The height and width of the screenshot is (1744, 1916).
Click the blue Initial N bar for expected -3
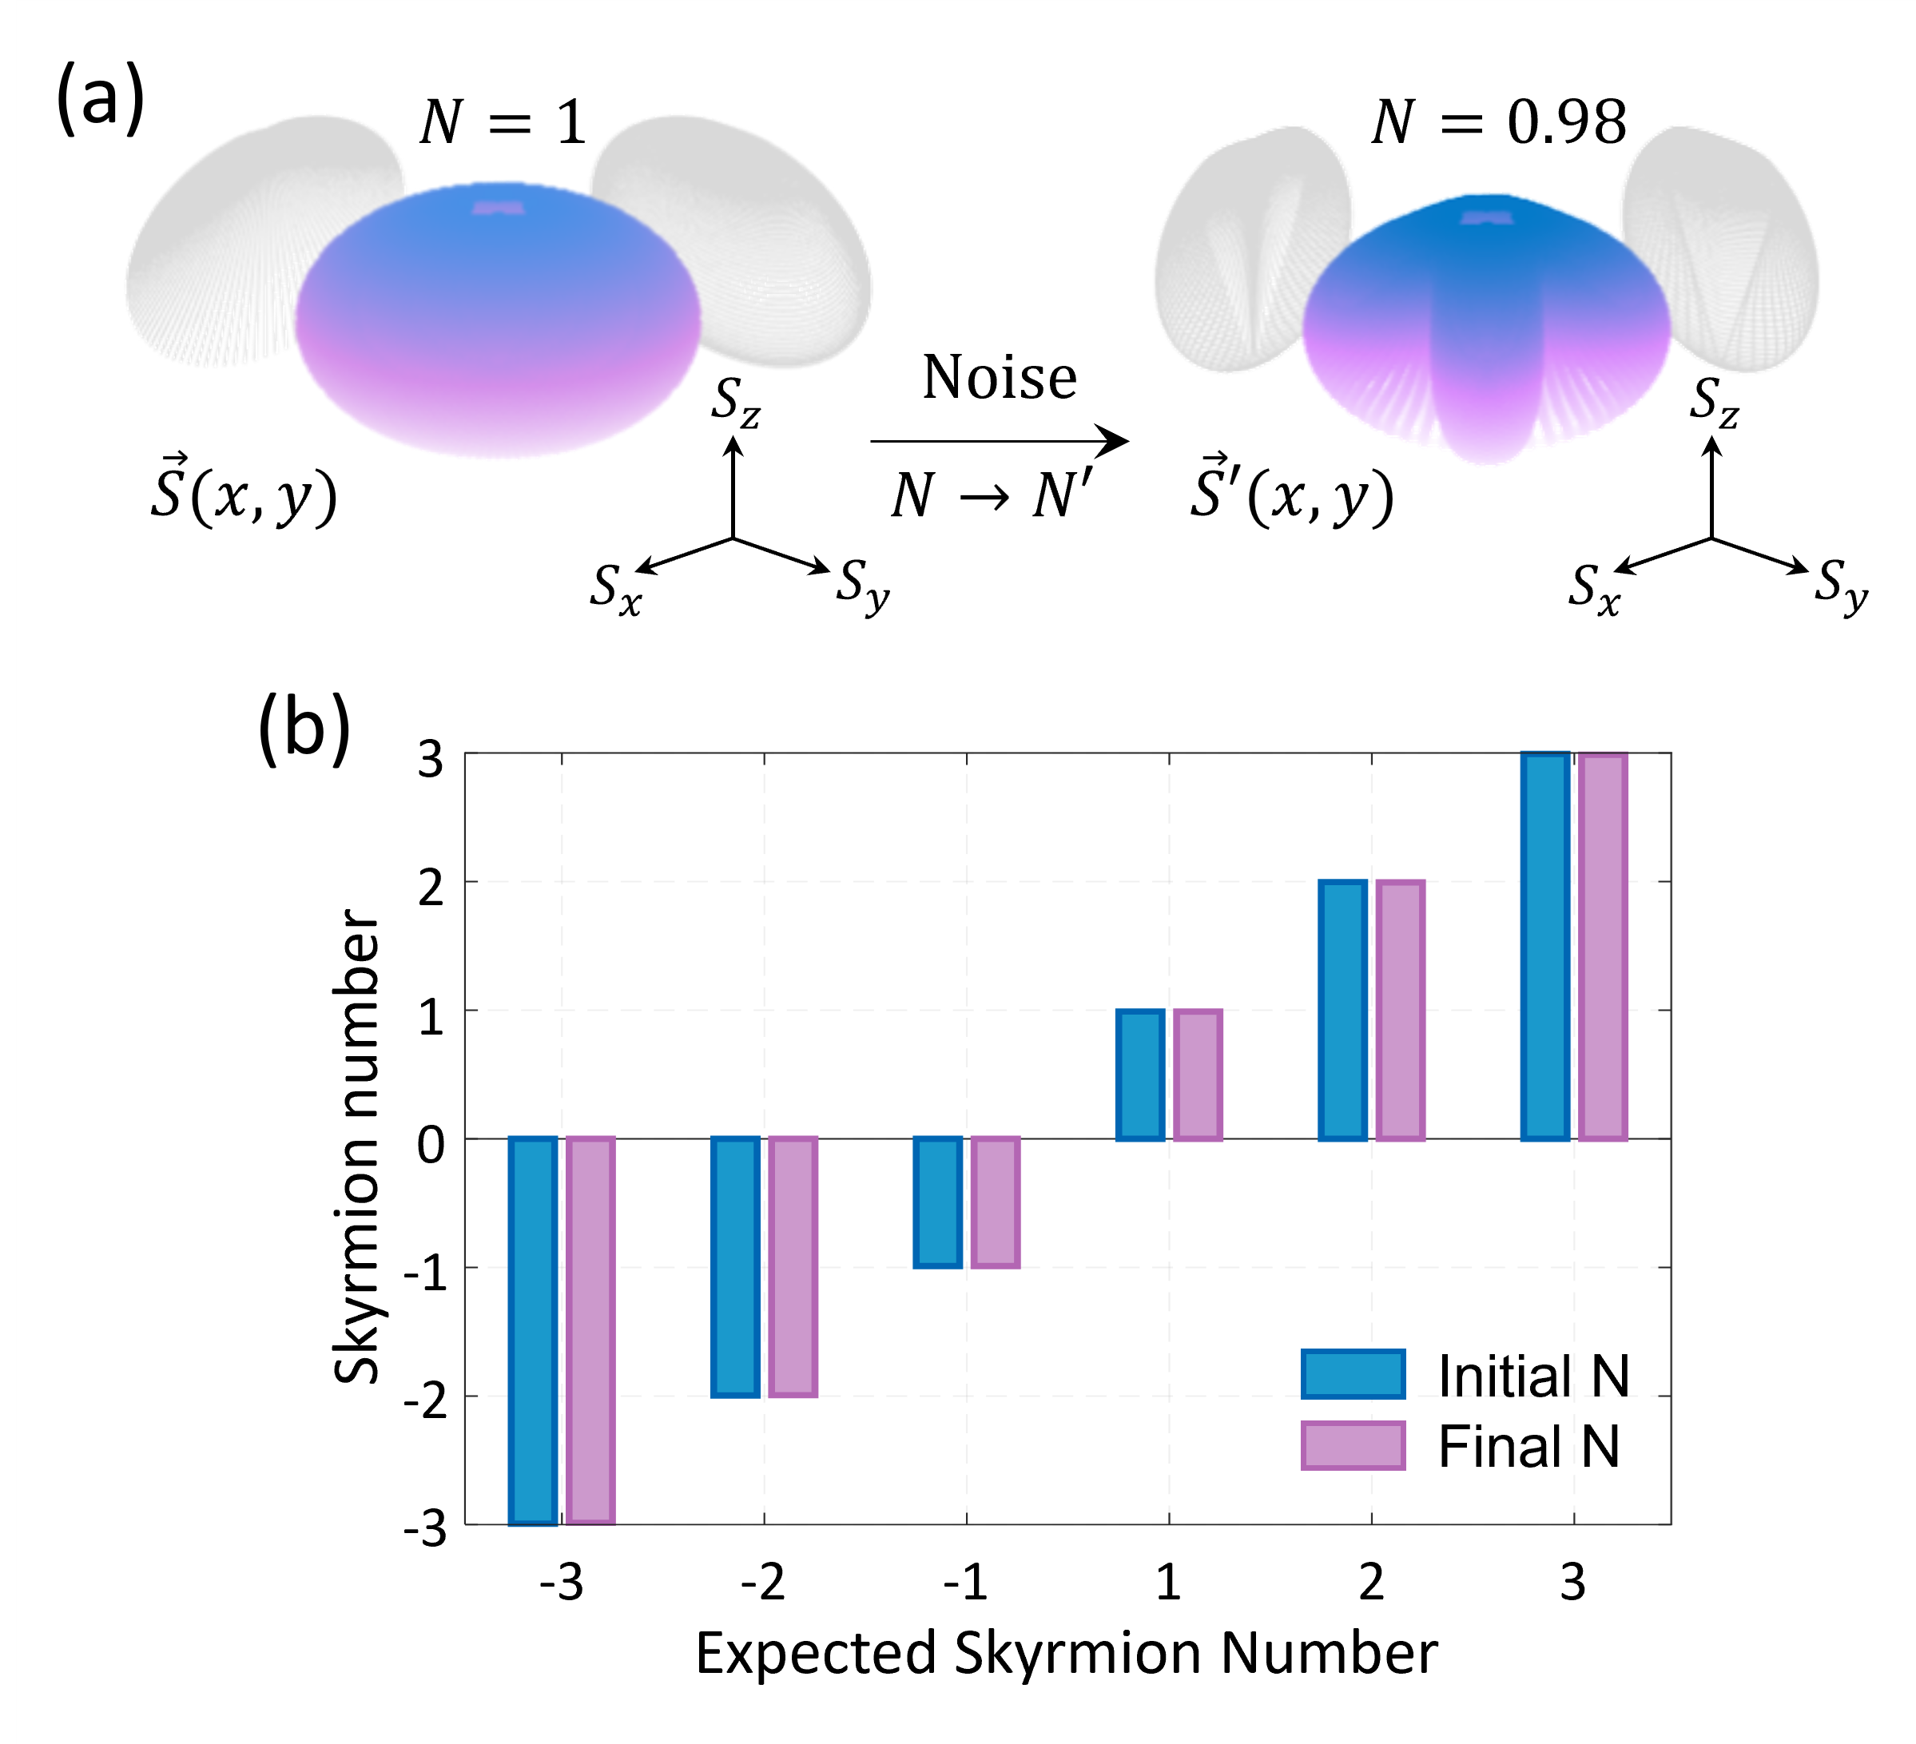pos(532,1331)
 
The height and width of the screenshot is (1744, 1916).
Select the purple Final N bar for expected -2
pos(793,1267)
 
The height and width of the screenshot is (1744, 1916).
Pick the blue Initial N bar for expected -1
pos(937,1202)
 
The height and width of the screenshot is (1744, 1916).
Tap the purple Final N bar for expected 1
pos(1198,1074)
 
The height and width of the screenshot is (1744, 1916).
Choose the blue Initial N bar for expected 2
pos(1342,1009)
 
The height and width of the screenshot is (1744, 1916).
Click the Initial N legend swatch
pos(1353,1374)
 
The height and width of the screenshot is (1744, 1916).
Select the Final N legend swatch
pos(1353,1445)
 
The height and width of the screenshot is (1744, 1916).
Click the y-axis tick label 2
pos(431,888)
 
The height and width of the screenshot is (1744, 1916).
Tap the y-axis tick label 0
pos(431,1146)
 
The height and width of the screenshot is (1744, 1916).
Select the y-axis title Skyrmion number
pos(357,1146)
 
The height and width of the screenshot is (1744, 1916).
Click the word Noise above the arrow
pos(999,377)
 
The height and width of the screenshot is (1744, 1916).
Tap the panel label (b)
pos(304,729)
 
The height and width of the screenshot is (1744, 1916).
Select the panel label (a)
pos(101,97)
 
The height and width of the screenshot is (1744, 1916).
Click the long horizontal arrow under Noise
pos(998,441)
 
